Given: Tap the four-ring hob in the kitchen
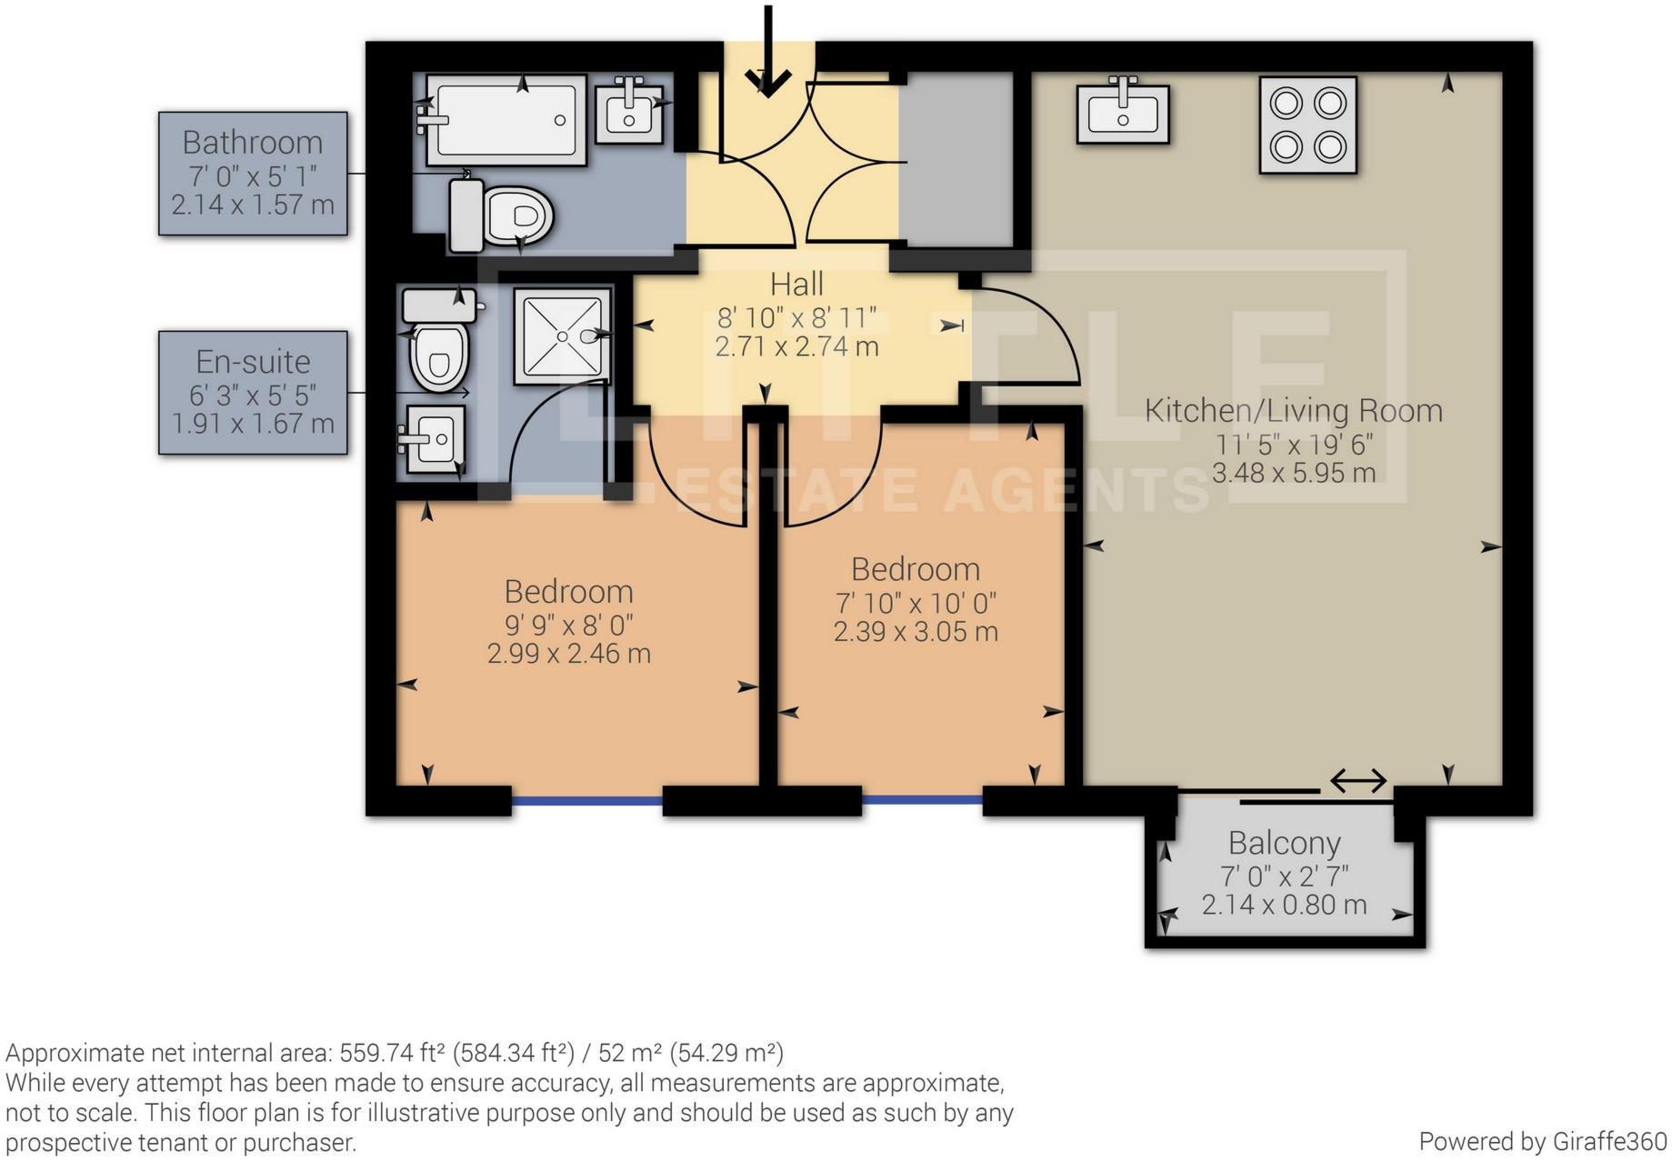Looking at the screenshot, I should coord(1307,125).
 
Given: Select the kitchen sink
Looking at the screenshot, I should coord(1122,114).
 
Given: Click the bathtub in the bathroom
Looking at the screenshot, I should coord(506,120).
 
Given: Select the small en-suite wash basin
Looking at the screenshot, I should coord(435,439).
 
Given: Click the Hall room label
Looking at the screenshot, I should coord(796,285).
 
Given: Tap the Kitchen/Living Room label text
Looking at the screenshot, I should coord(1292,410).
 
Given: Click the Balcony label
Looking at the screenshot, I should coord(1284,843).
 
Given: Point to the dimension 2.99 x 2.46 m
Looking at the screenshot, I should coord(568,654).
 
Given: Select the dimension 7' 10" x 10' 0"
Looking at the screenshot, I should coord(916,603).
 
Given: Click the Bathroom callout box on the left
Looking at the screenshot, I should coord(253,174).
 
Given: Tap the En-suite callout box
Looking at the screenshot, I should coord(253,392).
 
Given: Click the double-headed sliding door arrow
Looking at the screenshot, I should coord(1357,780).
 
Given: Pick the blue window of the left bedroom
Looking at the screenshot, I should coord(586,801).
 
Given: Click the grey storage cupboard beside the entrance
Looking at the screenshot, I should coord(955,160).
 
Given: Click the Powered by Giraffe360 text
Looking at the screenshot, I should coord(1542,1142).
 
